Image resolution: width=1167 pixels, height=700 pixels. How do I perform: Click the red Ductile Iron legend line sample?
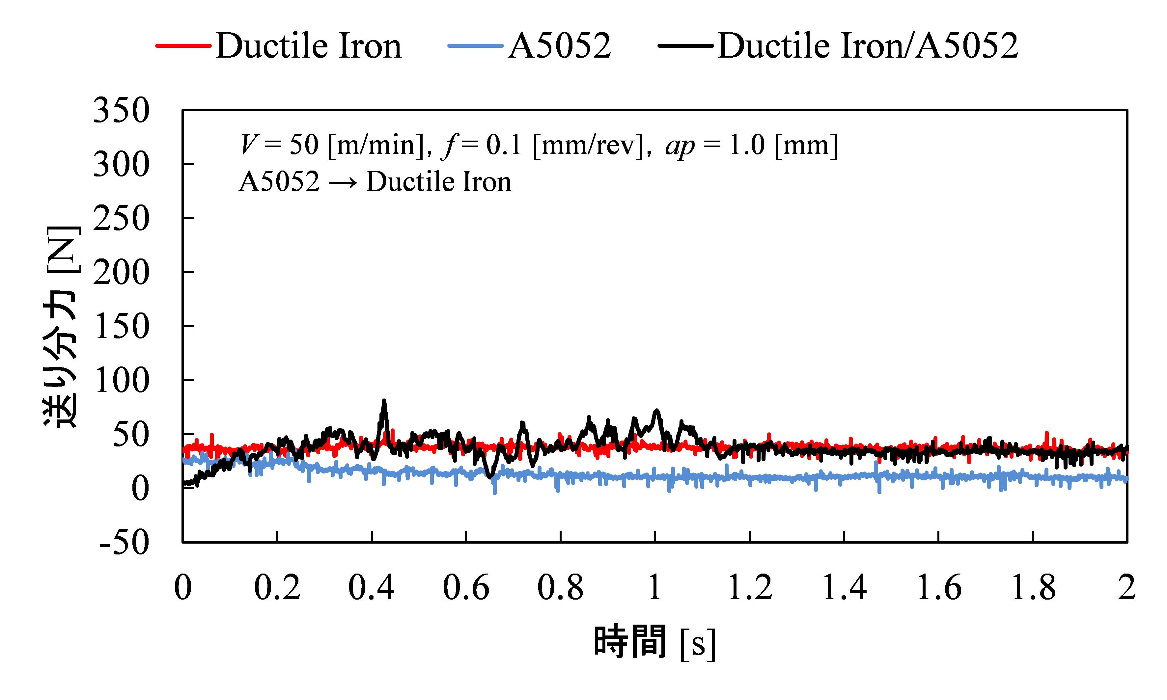tap(183, 46)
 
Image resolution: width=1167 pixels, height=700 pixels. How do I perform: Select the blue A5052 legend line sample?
tap(475, 46)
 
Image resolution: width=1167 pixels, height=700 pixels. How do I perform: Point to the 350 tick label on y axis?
tap(121, 111)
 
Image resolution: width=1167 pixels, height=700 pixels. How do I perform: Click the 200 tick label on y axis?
tap(121, 273)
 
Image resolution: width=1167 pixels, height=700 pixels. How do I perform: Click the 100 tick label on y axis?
tap(121, 381)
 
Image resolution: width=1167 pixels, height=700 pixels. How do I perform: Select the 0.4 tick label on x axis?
tap(372, 588)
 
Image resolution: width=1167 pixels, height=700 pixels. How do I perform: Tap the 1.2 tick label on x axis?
tap(749, 588)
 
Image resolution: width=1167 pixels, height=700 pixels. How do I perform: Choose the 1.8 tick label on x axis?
tap(1033, 588)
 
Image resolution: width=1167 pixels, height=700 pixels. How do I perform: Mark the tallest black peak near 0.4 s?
tap(384, 401)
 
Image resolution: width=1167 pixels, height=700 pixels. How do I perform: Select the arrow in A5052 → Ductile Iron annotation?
tap(343, 182)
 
